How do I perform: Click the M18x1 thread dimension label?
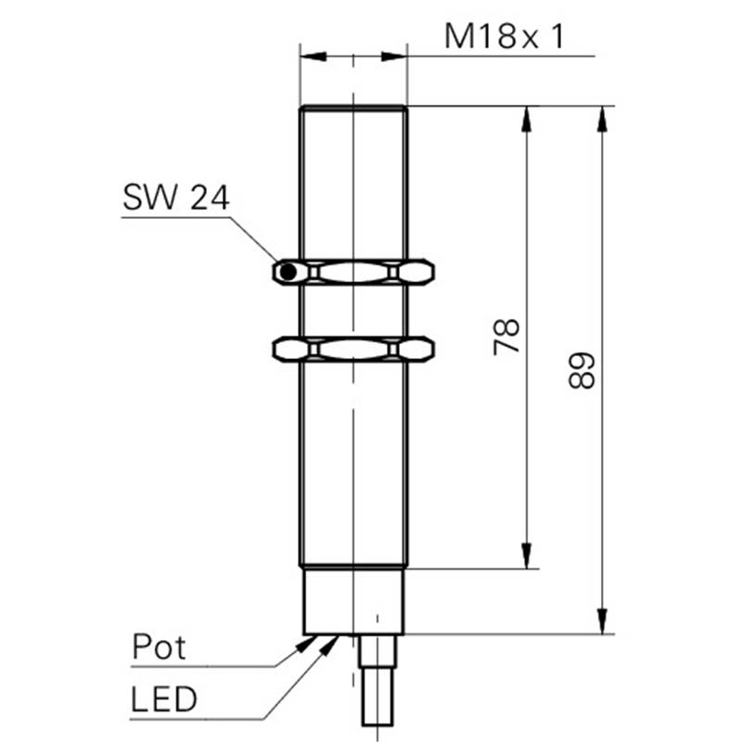click(505, 36)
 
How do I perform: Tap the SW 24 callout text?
click(176, 198)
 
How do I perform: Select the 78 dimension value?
click(506, 337)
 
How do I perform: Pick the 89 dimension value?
click(582, 370)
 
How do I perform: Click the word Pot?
click(159, 646)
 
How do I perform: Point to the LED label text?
click(164, 699)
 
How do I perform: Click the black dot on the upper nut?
click(288, 272)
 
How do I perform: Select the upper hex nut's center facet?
click(353, 272)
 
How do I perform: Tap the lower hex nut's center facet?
click(353, 350)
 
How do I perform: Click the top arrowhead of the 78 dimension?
click(526, 119)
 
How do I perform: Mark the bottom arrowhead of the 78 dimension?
click(526, 556)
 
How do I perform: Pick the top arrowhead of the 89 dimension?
click(602, 119)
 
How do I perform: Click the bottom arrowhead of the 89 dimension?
click(602, 621)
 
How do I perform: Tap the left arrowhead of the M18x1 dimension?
click(313, 57)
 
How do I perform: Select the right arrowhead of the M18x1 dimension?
click(394, 57)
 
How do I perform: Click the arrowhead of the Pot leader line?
click(305, 644)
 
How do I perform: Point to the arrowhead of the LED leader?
click(329, 645)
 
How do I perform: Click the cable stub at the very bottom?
click(377, 696)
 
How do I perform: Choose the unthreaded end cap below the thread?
click(353, 600)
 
